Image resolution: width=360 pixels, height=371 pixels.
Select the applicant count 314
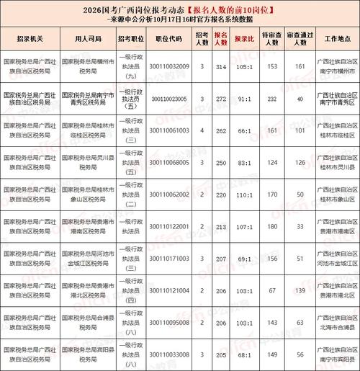[221, 66]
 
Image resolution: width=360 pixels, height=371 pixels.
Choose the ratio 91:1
[246, 98]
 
